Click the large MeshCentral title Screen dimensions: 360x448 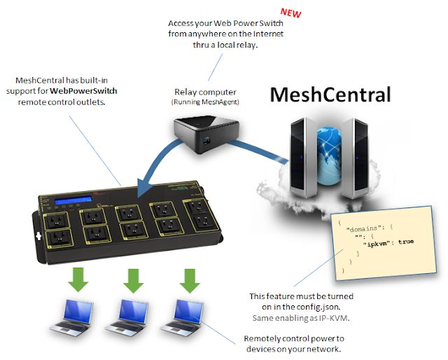[x=331, y=94]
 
